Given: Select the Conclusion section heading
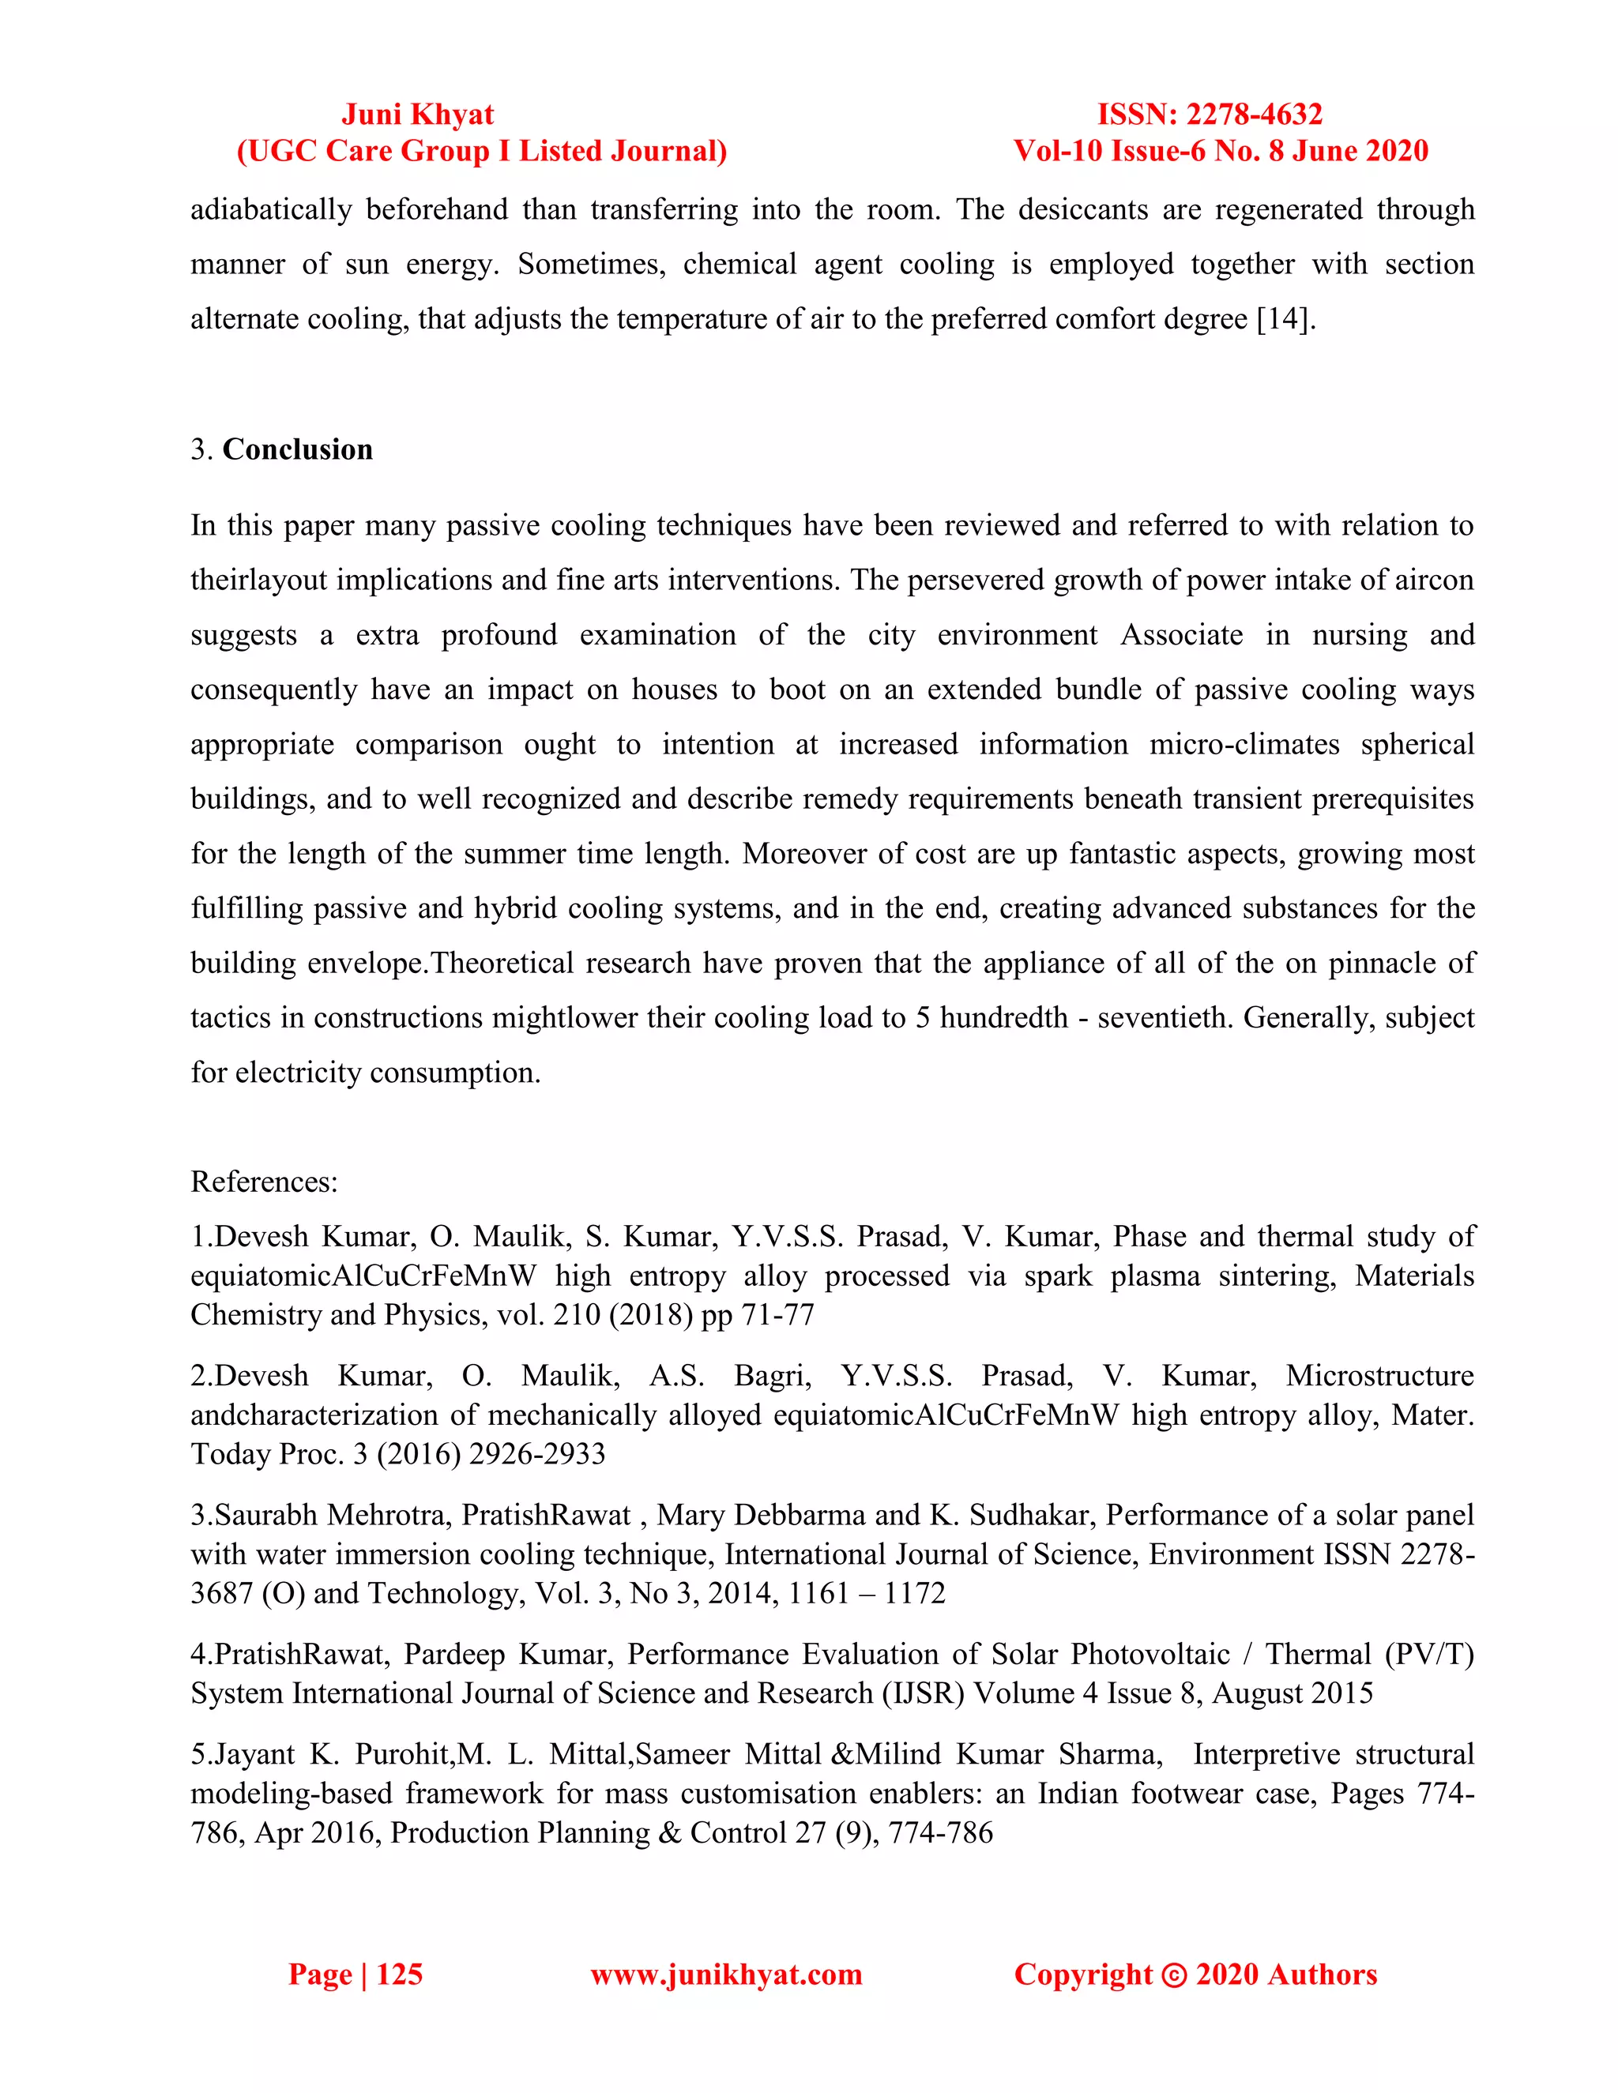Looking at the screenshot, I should [x=297, y=449].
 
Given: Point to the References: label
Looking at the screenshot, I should [x=265, y=1181].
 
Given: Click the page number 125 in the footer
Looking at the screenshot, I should [x=399, y=1975].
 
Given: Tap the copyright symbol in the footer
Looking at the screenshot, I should [x=1173, y=1975].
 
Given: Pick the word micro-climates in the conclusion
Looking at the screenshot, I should [x=1244, y=744].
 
